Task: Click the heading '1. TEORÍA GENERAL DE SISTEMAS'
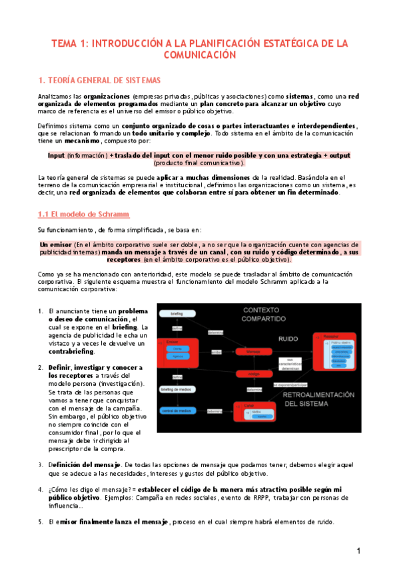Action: coord(99,81)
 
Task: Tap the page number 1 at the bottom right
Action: coord(358,550)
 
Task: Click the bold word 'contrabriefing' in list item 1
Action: coord(71,351)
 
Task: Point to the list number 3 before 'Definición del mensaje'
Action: coord(41,464)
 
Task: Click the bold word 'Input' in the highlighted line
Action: coord(56,155)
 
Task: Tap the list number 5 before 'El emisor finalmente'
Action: coord(41,522)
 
